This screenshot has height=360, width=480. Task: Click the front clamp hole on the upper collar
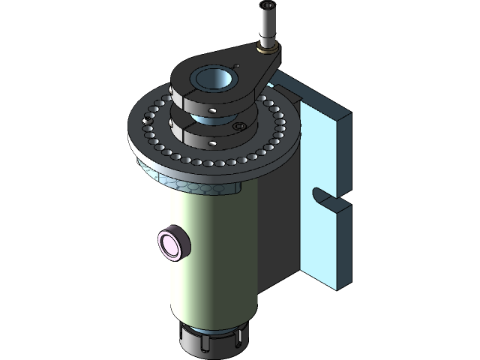click(x=213, y=110)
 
